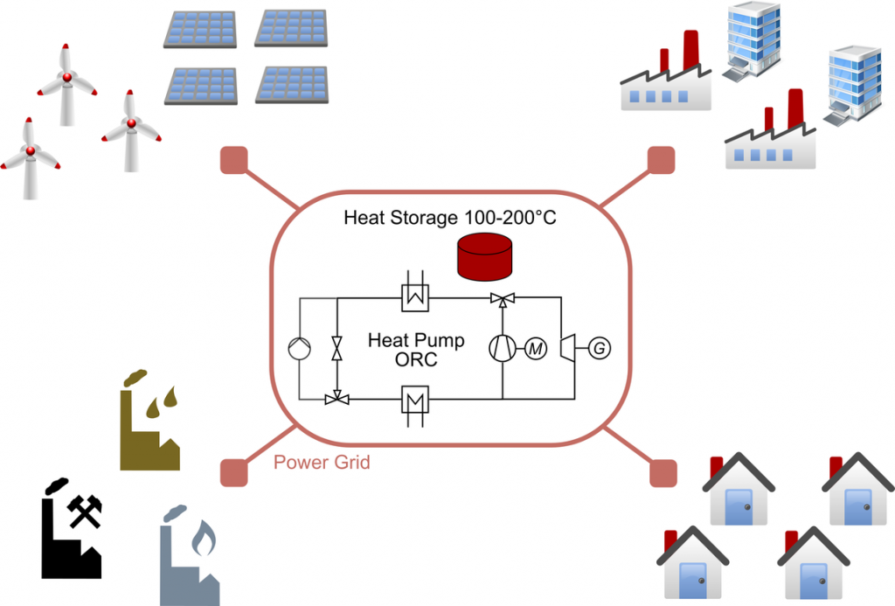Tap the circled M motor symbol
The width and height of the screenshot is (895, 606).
(x=535, y=349)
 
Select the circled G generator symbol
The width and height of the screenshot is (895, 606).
(x=600, y=349)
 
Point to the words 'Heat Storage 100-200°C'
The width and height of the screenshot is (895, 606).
(x=450, y=217)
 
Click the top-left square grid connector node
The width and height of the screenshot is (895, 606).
(x=232, y=161)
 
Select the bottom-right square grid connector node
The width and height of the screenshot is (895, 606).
(x=663, y=472)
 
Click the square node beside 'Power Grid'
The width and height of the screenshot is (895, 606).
(x=232, y=472)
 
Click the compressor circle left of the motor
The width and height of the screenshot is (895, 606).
(x=503, y=349)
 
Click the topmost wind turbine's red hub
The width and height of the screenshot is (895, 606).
(x=66, y=77)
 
